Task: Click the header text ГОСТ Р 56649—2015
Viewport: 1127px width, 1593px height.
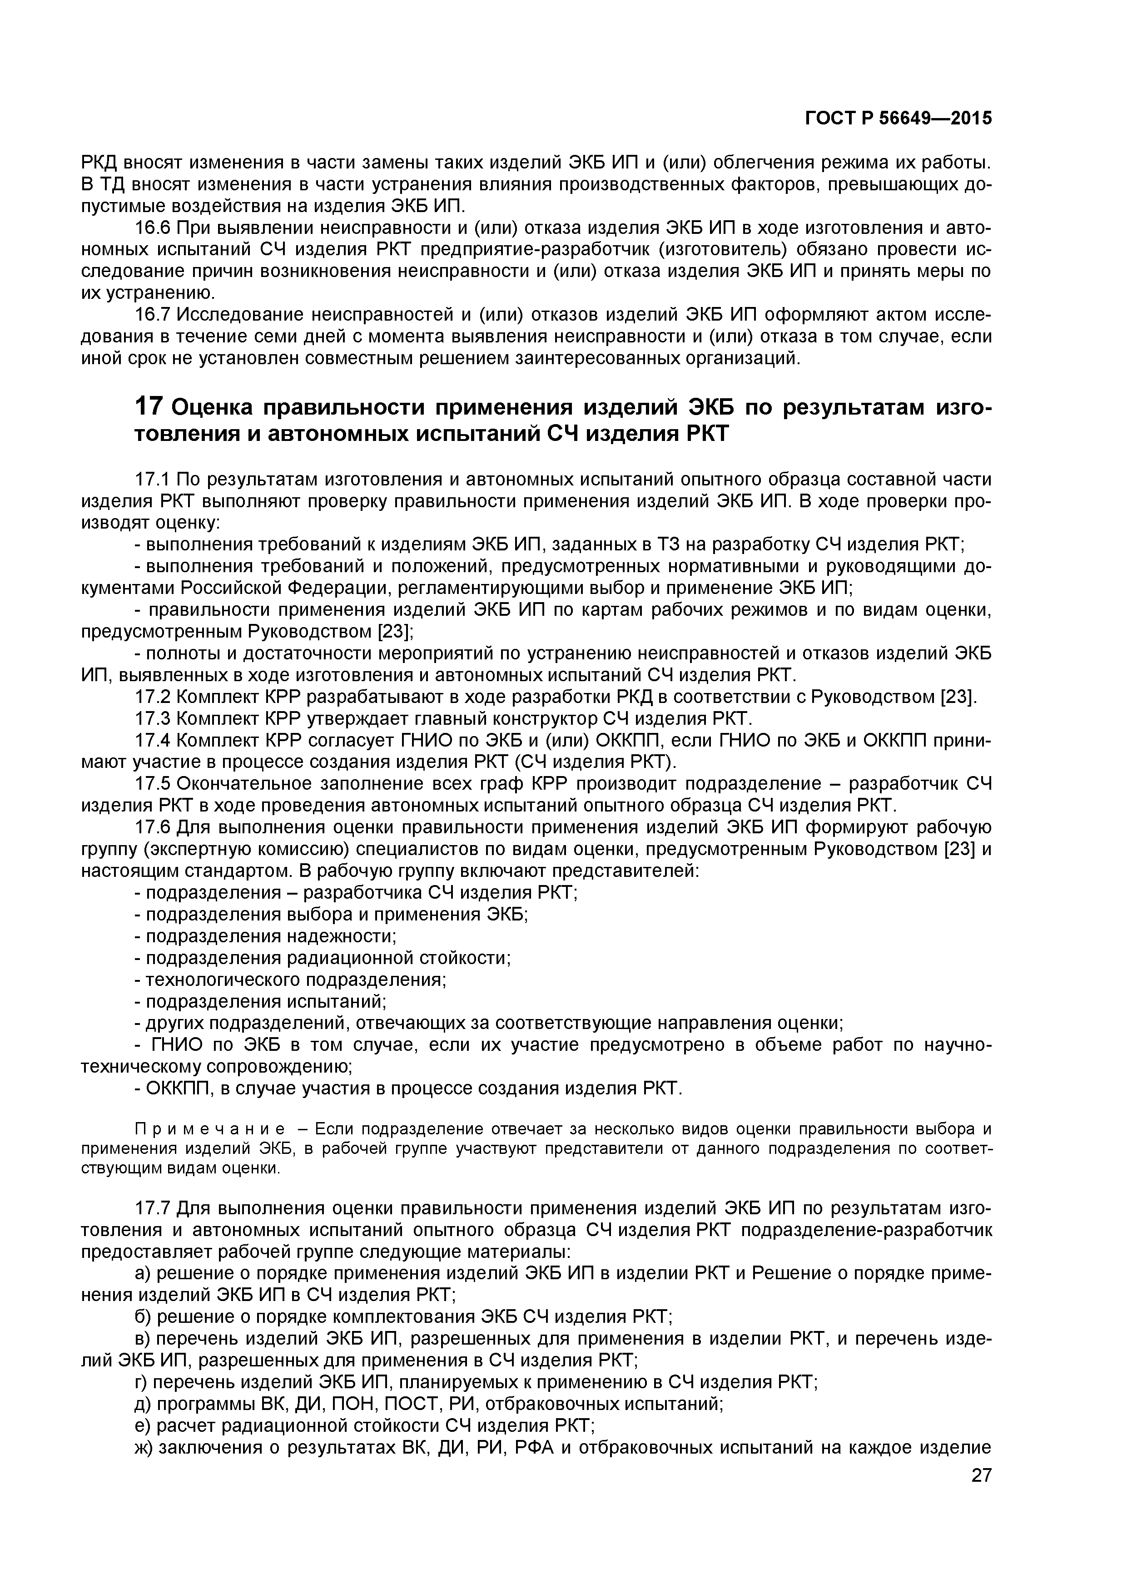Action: click(898, 119)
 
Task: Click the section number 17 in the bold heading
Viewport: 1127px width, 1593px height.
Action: click(149, 406)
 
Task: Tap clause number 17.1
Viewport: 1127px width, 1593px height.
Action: click(152, 480)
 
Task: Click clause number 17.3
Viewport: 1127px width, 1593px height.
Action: click(152, 718)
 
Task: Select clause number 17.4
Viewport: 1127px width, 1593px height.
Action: click(152, 740)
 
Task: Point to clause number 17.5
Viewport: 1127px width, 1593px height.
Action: click(152, 783)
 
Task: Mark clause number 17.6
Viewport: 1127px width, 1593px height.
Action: click(152, 827)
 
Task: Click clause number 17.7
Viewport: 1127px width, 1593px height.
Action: click(152, 1208)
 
